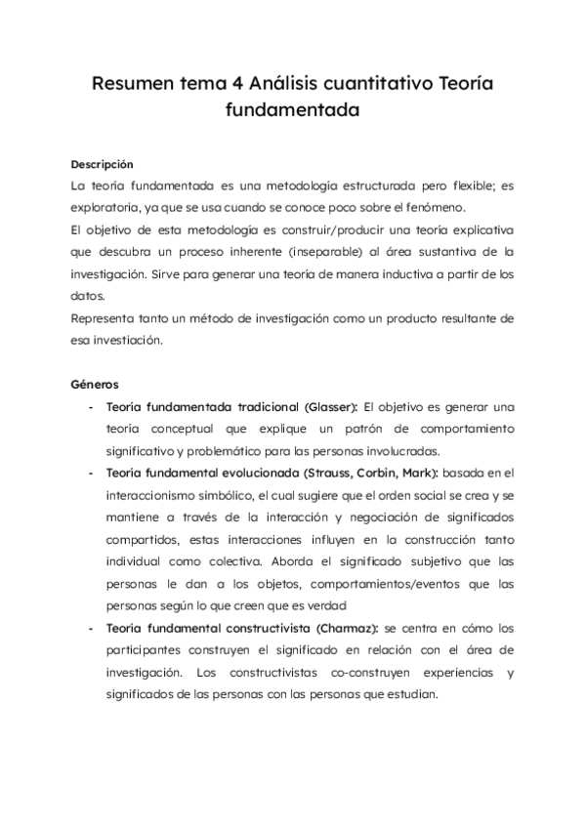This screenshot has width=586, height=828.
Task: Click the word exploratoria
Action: click(x=107, y=208)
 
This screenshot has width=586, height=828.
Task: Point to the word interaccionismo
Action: click(x=151, y=495)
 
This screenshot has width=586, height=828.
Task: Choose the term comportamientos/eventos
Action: click(x=333, y=583)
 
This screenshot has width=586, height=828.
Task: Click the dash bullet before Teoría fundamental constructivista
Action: click(x=91, y=627)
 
